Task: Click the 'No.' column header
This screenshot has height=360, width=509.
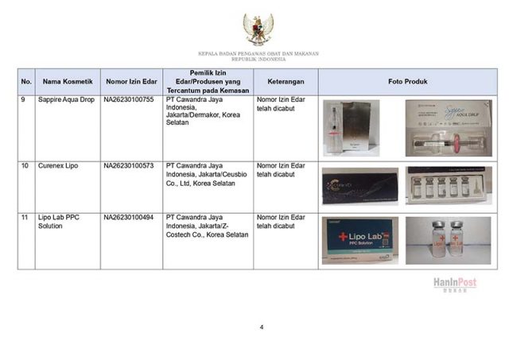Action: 26,82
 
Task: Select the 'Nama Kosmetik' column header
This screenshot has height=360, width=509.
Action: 68,82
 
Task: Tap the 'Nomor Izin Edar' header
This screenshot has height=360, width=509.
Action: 131,82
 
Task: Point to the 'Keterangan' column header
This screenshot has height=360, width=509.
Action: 286,82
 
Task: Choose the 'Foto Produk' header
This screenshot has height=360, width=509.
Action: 408,82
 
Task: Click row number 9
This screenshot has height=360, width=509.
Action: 24,101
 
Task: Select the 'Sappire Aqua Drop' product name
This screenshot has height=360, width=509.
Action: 66,101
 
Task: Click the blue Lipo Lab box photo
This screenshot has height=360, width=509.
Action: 360,240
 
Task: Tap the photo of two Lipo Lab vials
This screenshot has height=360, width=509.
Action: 447,240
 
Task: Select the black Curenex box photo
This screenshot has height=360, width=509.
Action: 360,186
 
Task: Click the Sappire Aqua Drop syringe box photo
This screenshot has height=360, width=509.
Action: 448,127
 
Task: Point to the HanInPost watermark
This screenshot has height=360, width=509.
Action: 455,284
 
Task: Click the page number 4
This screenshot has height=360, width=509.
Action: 260,327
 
